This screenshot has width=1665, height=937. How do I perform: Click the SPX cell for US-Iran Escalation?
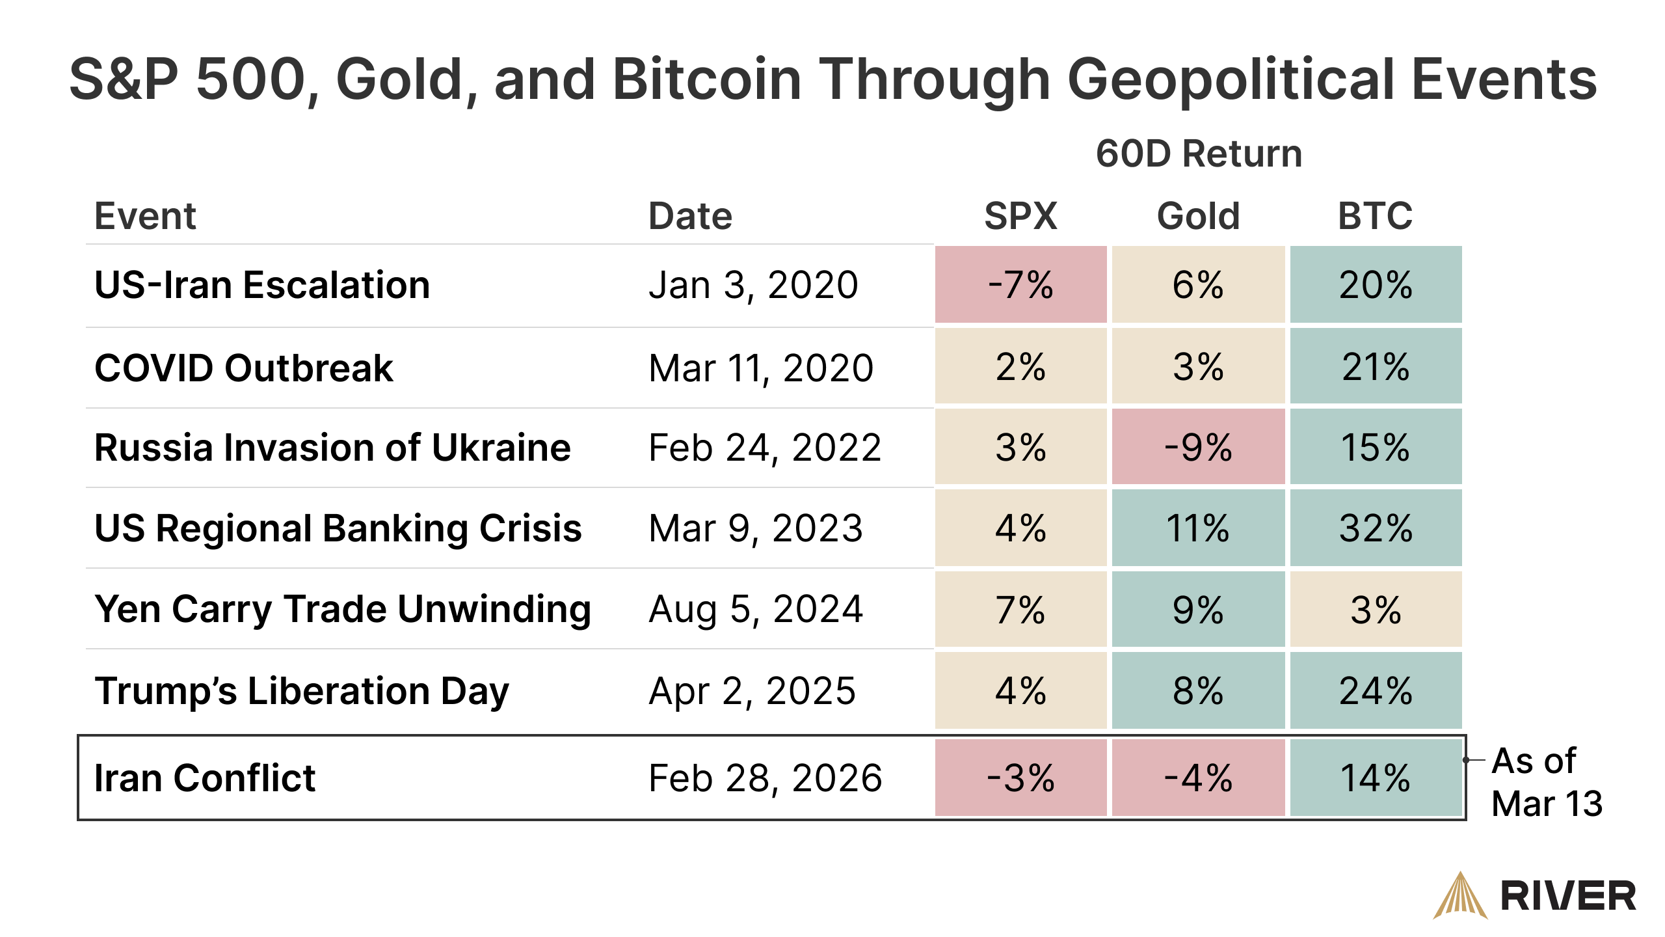(1020, 284)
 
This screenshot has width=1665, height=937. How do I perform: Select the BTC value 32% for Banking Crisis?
(1376, 528)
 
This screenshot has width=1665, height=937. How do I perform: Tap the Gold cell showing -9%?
(1198, 447)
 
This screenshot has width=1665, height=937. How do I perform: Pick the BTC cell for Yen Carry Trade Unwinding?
(1376, 610)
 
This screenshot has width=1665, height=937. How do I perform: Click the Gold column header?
(1198, 215)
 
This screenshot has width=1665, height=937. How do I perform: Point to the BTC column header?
(1375, 215)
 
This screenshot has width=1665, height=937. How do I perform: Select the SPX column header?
(1020, 215)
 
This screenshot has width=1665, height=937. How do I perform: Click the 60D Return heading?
(1199, 154)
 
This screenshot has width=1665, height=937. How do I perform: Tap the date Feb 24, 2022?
(765, 448)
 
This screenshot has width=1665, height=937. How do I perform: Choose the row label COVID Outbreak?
(244, 368)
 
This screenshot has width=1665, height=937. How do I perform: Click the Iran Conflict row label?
(205, 778)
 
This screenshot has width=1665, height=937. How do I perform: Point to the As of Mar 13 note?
(1546, 781)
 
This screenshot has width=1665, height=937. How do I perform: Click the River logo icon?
(1460, 896)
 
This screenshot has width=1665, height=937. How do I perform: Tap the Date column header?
(690, 215)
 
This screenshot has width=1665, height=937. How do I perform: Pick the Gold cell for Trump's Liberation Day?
(1198, 690)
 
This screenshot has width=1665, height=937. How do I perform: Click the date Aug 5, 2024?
(756, 610)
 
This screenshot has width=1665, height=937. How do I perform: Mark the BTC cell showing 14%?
(1376, 778)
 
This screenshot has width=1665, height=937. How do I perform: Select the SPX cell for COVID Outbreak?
(1020, 367)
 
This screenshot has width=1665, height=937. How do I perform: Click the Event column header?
(145, 215)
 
